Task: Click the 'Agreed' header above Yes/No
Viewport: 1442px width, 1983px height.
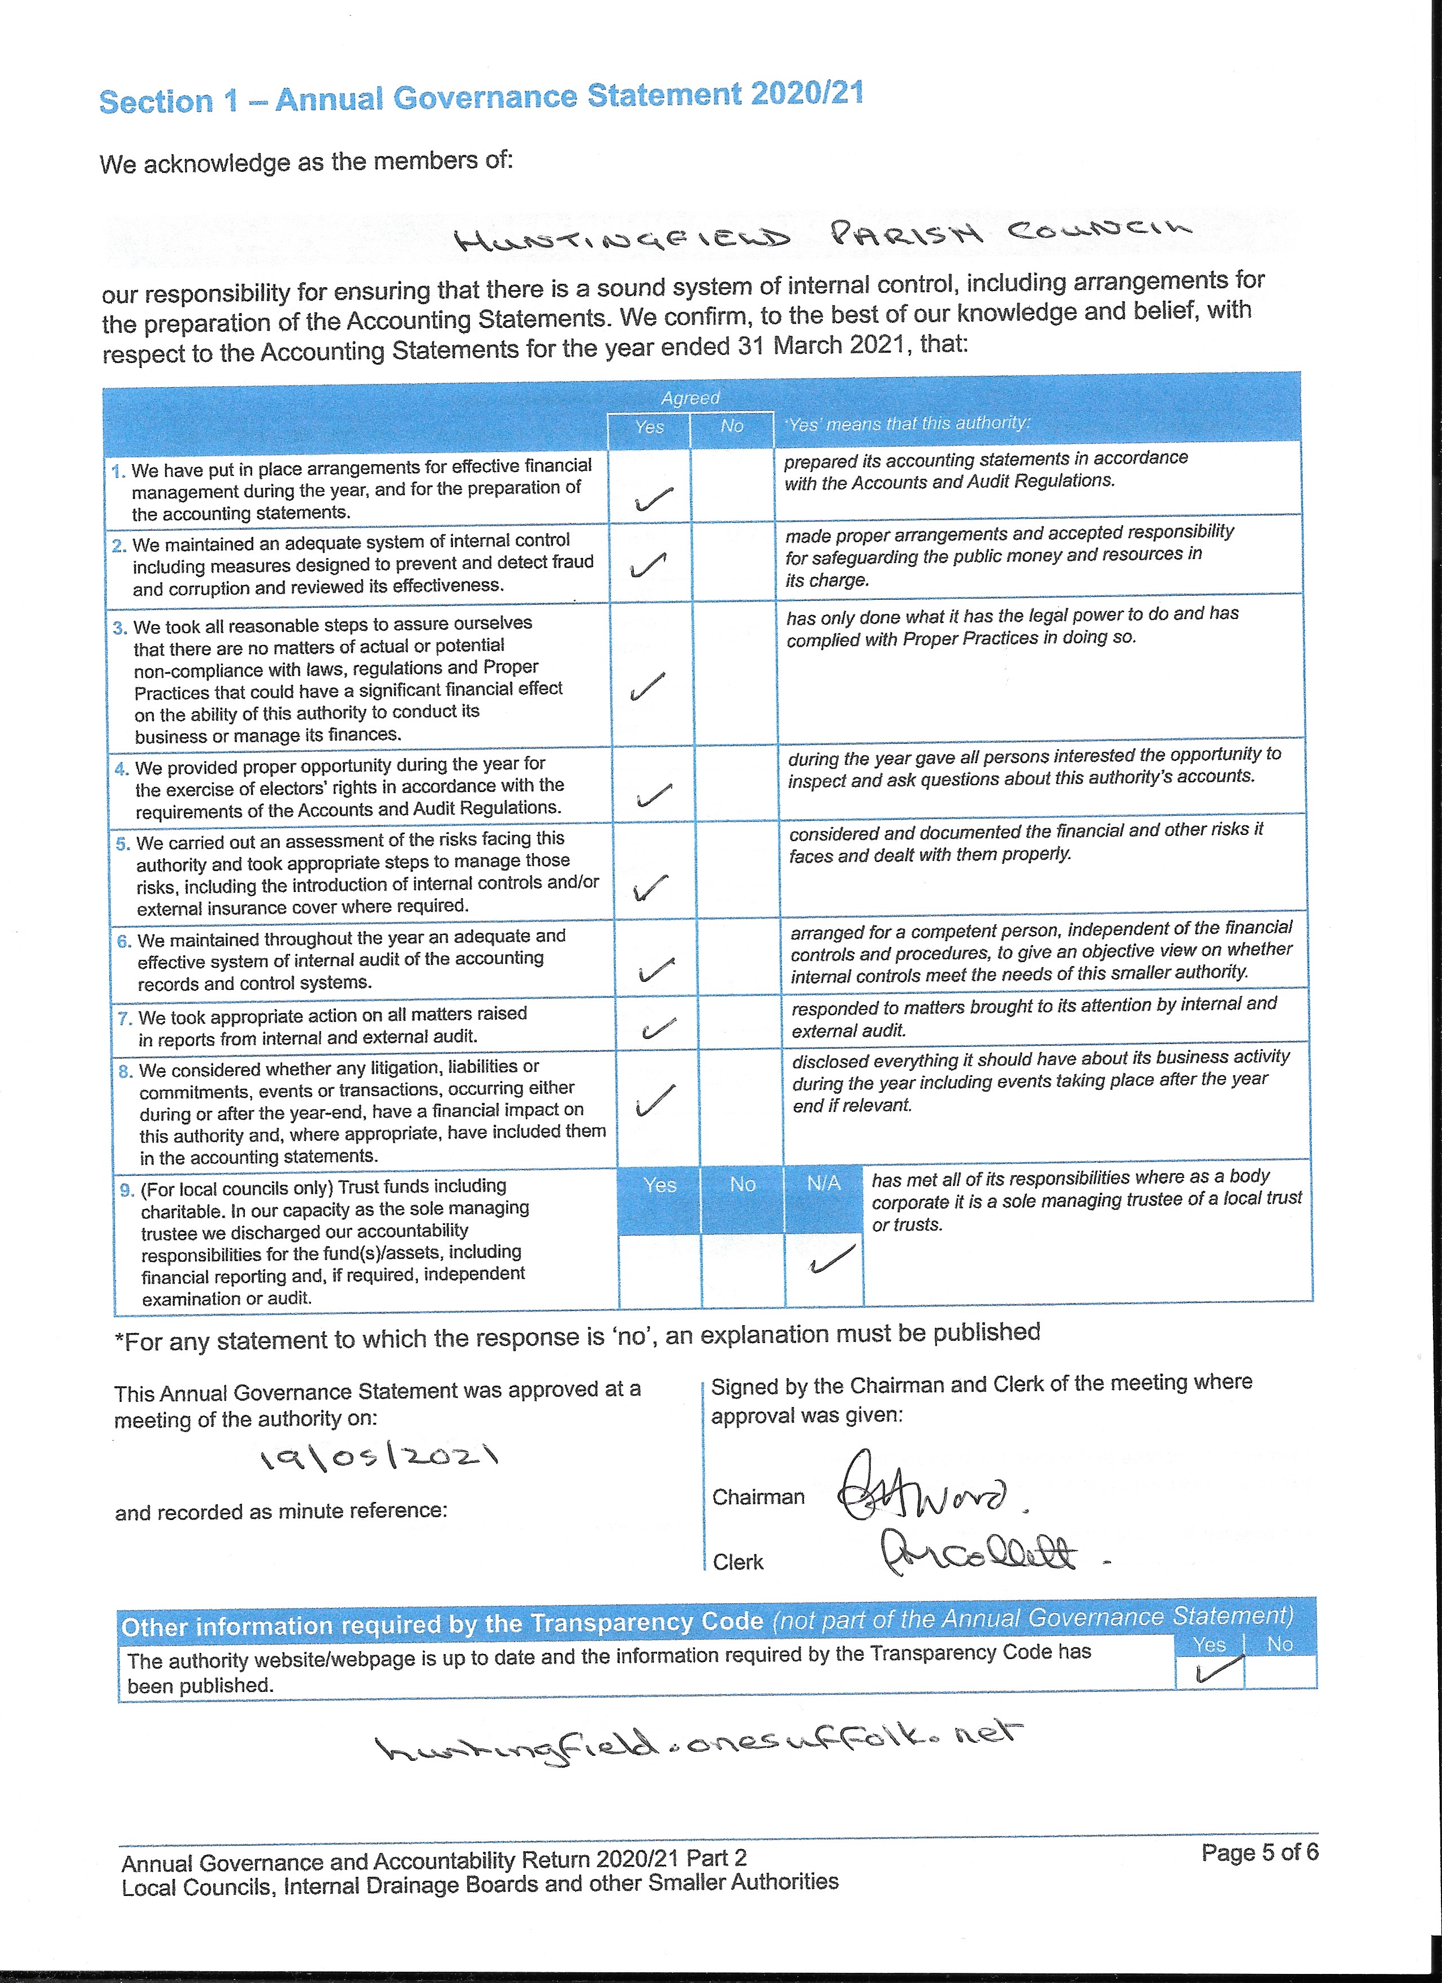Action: pyautogui.click(x=690, y=398)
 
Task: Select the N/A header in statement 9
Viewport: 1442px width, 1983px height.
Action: pyautogui.click(x=823, y=1183)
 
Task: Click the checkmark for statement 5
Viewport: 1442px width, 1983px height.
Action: pyautogui.click(x=651, y=887)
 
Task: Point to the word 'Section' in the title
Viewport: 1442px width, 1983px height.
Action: pyautogui.click(x=156, y=101)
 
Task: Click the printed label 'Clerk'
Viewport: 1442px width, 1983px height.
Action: pyautogui.click(x=737, y=1561)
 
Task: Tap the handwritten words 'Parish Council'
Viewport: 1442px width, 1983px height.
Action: pyautogui.click(x=1010, y=232)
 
